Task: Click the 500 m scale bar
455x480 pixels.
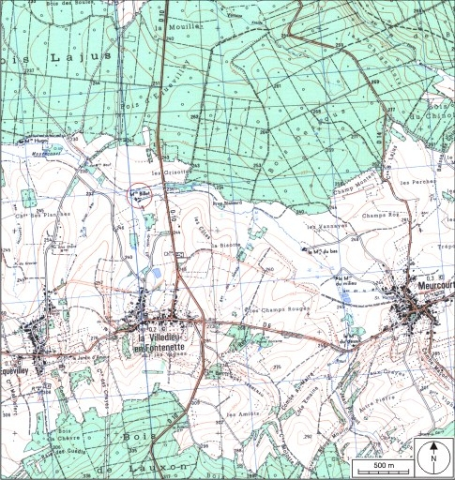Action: pos(383,465)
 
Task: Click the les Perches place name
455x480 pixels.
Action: pos(414,180)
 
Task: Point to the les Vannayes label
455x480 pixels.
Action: pos(325,226)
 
